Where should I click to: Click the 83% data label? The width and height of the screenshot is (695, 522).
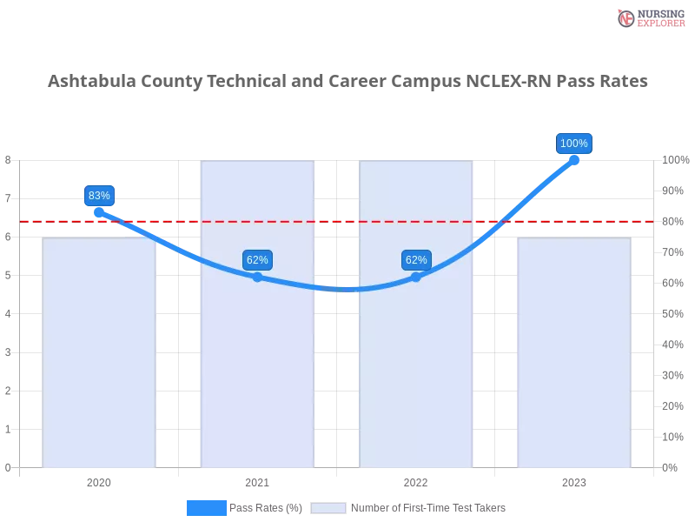99,196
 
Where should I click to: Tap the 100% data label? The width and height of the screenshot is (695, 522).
573,144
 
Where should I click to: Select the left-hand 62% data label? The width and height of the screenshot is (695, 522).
257,260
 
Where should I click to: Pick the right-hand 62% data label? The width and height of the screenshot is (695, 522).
416,260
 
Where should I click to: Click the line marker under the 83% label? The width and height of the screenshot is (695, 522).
98,211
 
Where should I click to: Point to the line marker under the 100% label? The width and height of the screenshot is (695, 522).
573,159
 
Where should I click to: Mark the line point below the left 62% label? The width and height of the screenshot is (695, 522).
257,277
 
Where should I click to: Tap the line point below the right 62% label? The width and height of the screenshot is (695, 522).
416,277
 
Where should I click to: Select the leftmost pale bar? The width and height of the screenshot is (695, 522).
98,352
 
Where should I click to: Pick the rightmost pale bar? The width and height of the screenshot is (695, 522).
573,352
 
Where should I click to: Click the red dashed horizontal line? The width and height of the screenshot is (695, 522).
347,221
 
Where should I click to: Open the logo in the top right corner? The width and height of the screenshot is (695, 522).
649,17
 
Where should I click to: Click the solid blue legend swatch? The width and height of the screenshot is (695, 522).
206,508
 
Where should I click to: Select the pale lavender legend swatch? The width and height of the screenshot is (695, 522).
328,508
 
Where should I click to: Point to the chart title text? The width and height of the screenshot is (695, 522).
347,83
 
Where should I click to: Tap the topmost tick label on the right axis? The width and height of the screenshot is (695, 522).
673,160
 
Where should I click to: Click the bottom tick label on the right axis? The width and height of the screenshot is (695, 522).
672,466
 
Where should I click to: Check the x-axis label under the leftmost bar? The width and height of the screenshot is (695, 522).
97,480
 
